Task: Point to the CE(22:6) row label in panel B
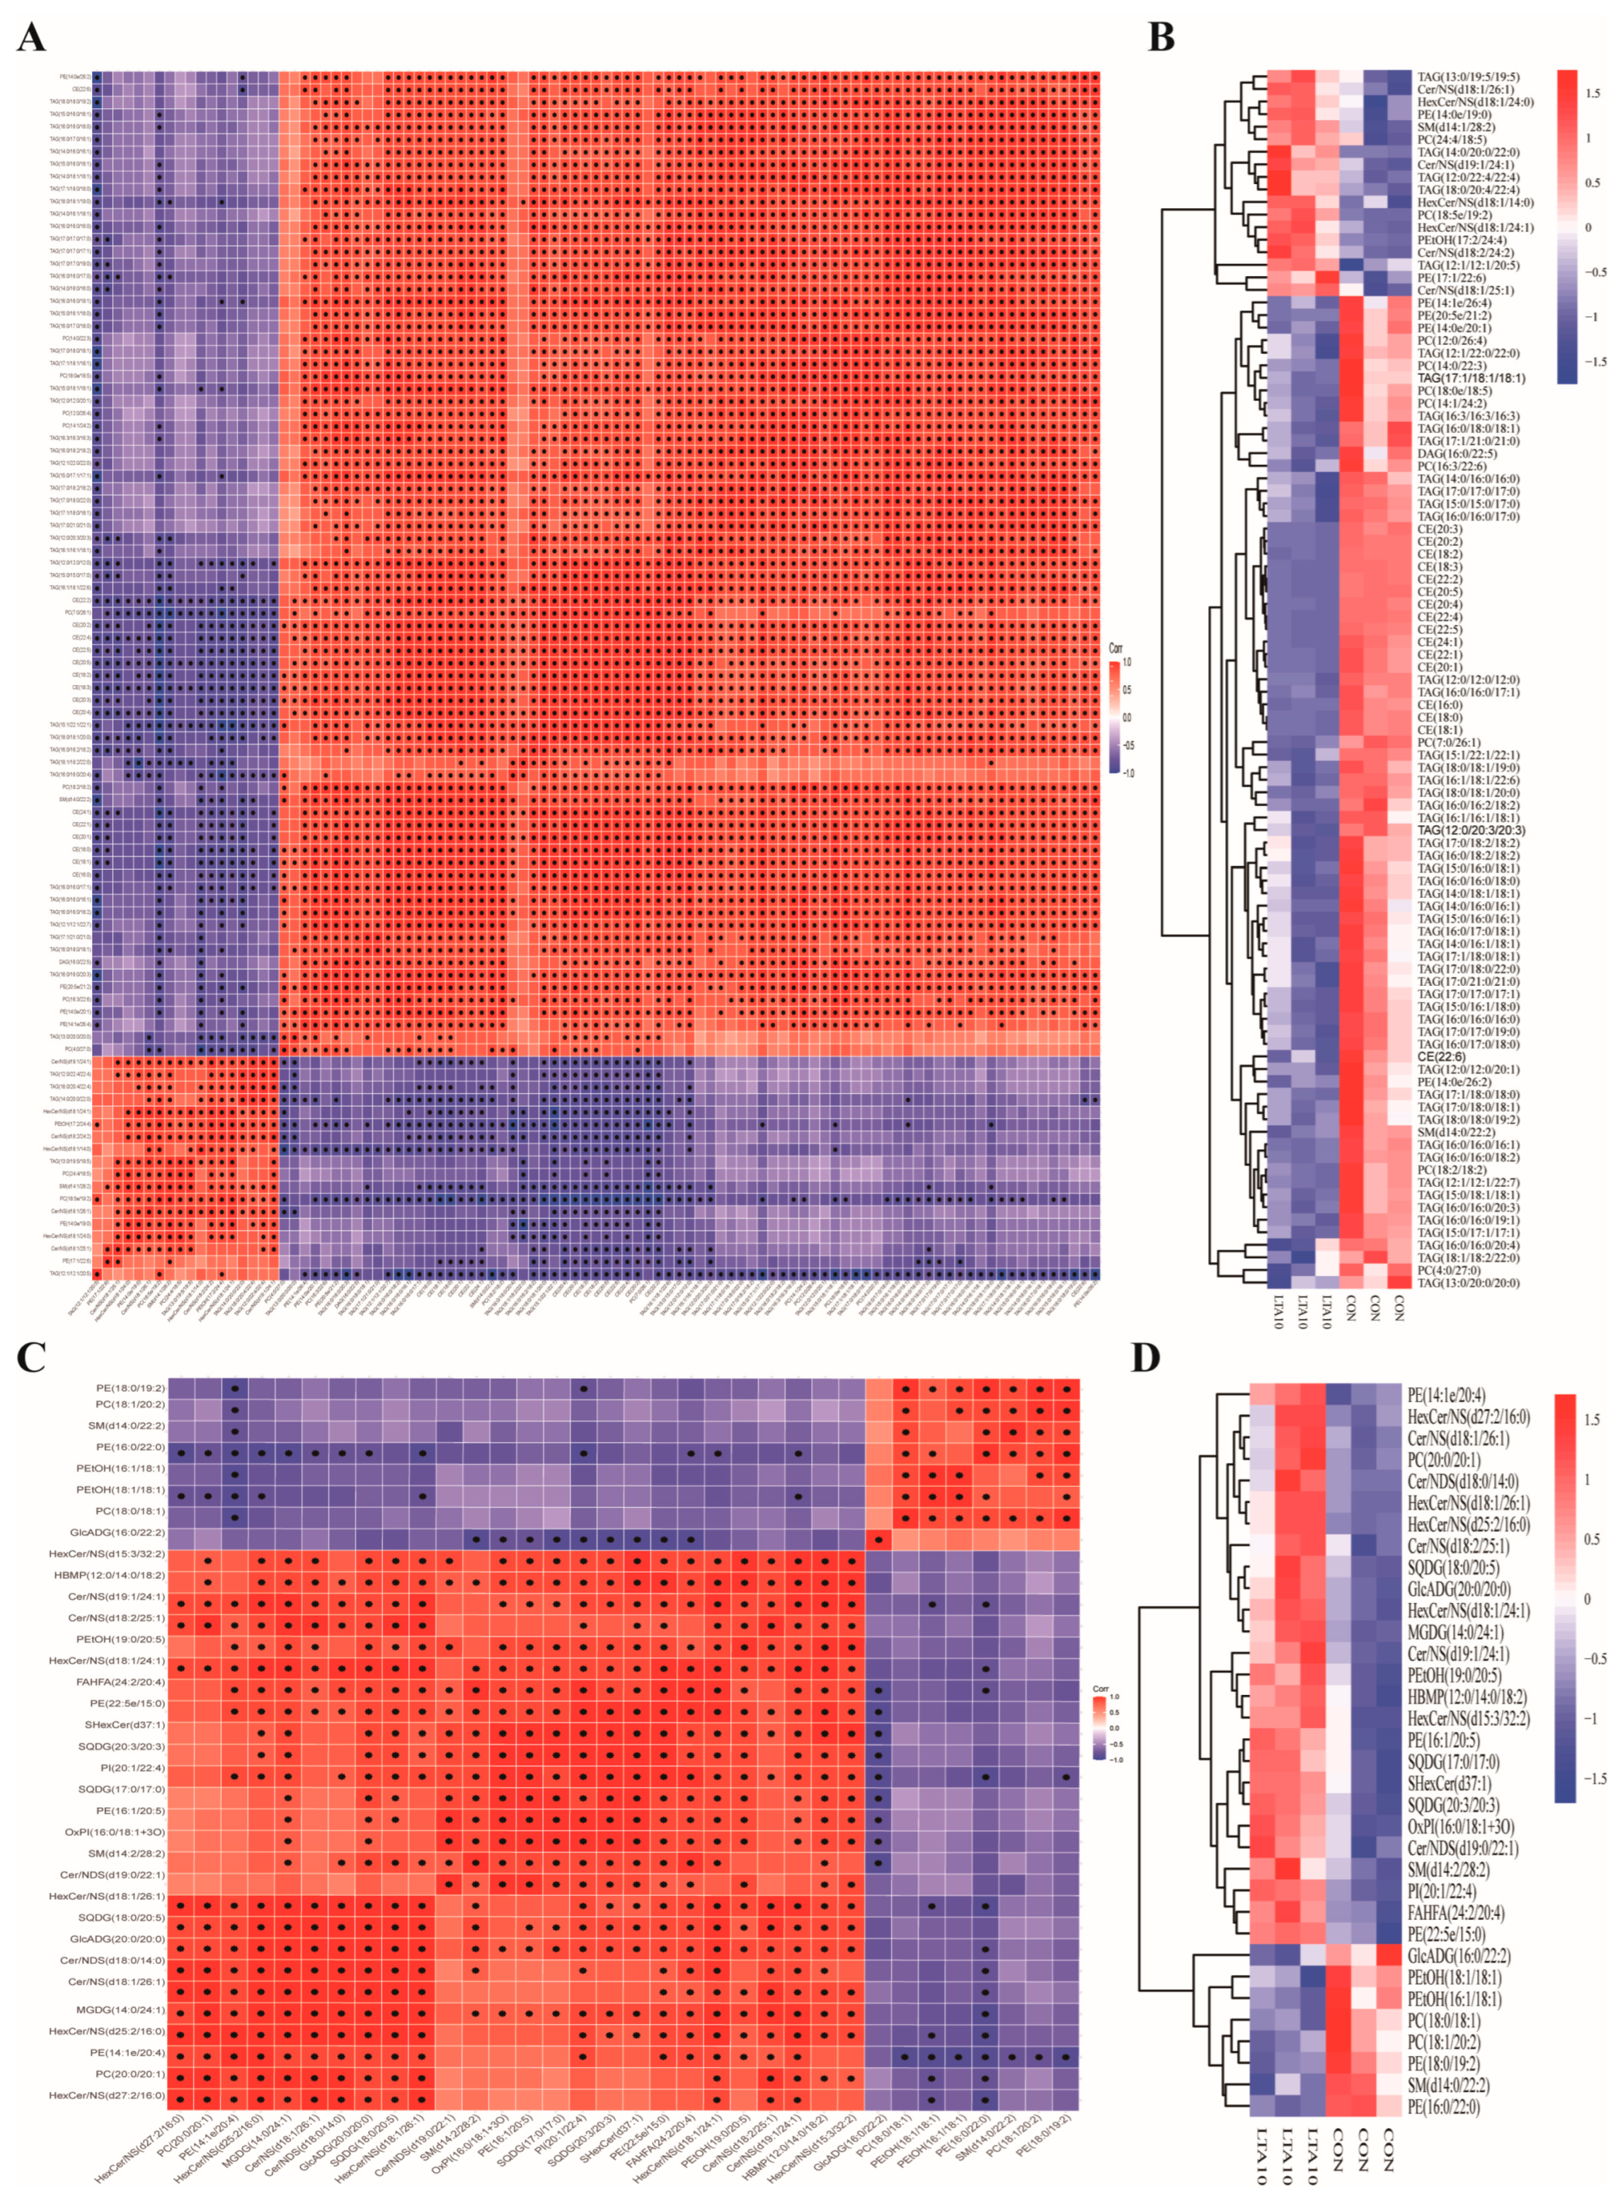click(1442, 1057)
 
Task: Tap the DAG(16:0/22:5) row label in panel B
click(1457, 454)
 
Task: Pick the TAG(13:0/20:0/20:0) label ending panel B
click(1470, 1282)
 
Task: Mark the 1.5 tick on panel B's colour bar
click(1593, 94)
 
